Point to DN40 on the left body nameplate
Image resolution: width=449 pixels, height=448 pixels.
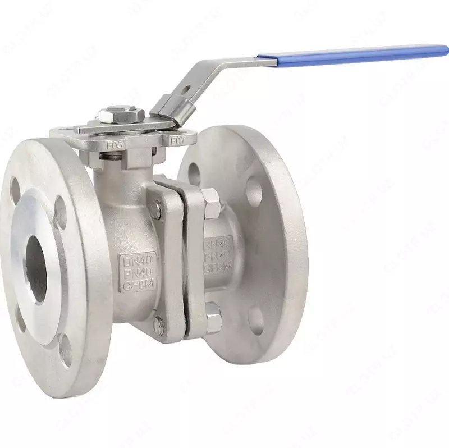click(x=137, y=261)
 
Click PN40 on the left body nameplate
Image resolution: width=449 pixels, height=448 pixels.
click(x=138, y=274)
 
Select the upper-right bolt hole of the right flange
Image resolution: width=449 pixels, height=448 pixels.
click(x=254, y=191)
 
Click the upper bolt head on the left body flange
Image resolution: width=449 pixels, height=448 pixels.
click(x=156, y=209)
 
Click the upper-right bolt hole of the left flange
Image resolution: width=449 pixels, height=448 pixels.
click(x=60, y=212)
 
